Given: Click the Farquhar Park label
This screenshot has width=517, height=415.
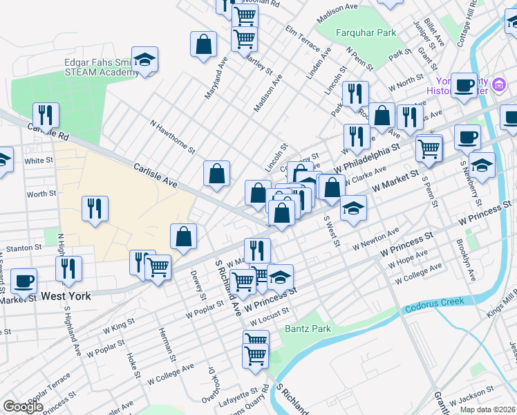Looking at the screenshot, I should pyautogui.click(x=366, y=33).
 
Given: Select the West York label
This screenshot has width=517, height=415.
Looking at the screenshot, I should pyautogui.click(x=66, y=296).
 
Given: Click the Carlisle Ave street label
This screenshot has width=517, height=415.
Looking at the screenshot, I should pyautogui.click(x=156, y=176).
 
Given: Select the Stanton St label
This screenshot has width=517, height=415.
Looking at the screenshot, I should pyautogui.click(x=21, y=248).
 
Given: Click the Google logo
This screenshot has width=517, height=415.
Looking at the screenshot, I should pyautogui.click(x=23, y=407).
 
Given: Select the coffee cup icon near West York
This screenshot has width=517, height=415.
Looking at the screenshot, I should pyautogui.click(x=24, y=281).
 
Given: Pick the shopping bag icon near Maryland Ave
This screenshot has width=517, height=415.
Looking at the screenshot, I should pyautogui.click(x=204, y=44).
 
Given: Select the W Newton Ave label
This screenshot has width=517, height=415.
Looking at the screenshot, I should pyautogui.click(x=376, y=239).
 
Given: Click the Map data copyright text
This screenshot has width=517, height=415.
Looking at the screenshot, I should pyautogui.click(x=488, y=409).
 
